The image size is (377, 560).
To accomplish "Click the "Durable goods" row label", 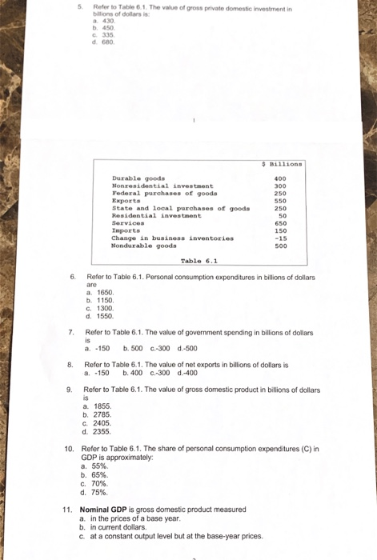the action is [x=138, y=178].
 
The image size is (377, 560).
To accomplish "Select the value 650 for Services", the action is [x=280, y=223].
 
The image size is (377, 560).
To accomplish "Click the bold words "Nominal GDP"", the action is [x=106, y=510].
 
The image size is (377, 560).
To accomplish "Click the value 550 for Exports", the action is [x=280, y=201].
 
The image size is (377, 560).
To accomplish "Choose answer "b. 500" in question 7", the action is [x=132, y=348].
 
